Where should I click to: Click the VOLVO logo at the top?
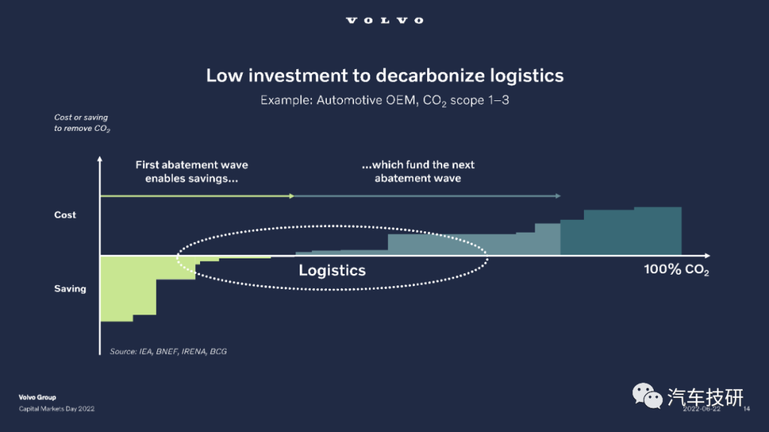(384, 21)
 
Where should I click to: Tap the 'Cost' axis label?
(65, 215)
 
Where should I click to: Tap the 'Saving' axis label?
(70, 289)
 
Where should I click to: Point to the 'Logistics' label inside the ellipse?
(332, 270)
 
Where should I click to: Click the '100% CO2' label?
(676, 270)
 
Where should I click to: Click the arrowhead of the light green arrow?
(292, 196)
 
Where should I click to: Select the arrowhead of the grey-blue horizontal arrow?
(558, 196)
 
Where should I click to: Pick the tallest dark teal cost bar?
(657, 231)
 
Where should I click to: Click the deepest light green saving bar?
(116, 289)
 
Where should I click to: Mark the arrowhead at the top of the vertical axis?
(100, 159)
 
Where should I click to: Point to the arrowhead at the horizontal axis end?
(707, 255)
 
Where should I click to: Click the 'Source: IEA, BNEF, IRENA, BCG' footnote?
(168, 352)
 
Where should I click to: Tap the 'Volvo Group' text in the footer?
(37, 397)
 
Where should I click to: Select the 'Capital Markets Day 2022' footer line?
(56, 409)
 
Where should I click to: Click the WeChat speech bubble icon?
(647, 396)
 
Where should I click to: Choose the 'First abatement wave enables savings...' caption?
(192, 172)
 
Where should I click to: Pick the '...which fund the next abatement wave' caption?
(418, 172)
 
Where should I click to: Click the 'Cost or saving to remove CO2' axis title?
(82, 123)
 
